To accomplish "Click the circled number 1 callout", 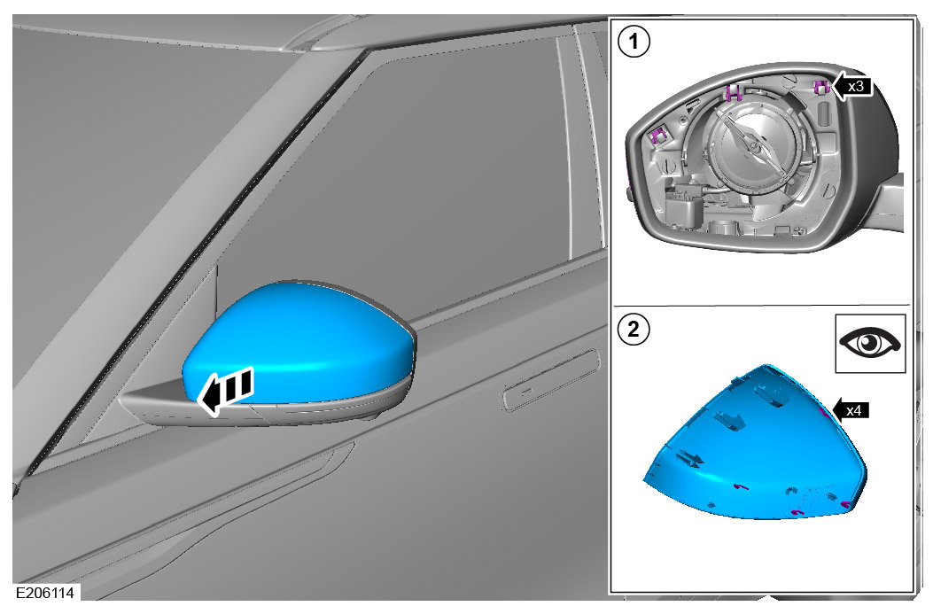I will [633, 42].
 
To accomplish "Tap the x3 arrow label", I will [855, 87].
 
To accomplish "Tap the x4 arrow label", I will [852, 411].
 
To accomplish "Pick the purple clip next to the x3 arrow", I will [820, 87].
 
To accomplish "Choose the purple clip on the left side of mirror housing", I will [658, 136].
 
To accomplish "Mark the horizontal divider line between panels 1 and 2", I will [762, 306].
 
